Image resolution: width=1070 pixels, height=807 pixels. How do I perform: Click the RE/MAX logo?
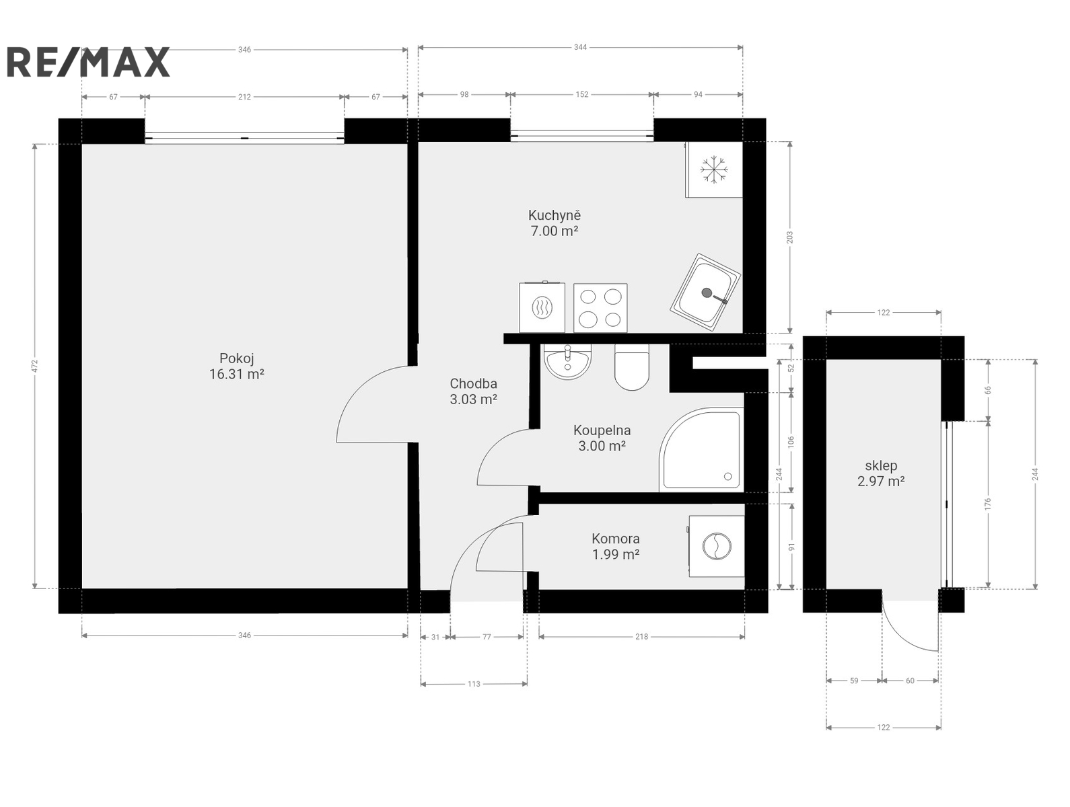coord(88,62)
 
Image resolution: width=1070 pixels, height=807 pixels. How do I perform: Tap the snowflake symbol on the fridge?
coord(713,169)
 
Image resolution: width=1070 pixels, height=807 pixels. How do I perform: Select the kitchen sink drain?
coord(707,293)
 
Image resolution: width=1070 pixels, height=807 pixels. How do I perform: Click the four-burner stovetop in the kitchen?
coord(600,308)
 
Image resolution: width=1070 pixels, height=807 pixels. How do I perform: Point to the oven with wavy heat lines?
coord(542,307)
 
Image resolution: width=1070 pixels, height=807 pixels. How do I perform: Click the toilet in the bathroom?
coord(632,367)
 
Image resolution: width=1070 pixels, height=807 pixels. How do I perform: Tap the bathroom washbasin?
coord(567,362)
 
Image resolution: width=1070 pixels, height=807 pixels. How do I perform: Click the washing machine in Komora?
coord(715,546)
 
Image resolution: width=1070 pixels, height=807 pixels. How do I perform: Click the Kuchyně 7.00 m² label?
coord(555,223)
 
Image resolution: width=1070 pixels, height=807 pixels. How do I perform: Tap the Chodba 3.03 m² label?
coord(473,391)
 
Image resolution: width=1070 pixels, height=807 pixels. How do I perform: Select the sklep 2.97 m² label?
coord(881,473)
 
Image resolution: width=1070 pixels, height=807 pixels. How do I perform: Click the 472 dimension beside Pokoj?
coord(34,366)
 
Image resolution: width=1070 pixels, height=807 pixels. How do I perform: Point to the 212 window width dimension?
coord(244,97)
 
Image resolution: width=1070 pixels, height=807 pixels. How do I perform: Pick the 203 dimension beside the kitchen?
coord(789,237)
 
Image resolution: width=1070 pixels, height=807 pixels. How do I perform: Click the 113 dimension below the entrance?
coord(474,684)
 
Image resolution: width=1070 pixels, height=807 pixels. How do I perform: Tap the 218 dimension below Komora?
coord(641,637)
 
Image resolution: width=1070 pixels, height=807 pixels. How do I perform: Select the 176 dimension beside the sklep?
coord(988,504)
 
